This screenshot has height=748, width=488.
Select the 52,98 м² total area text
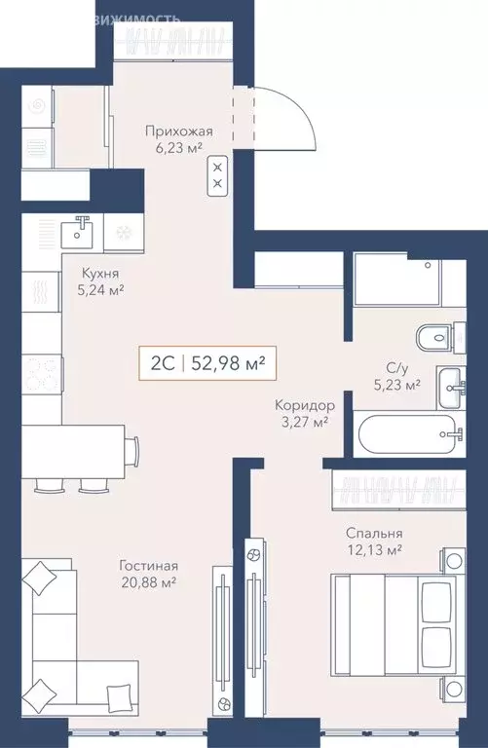227,364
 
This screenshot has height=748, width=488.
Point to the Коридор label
305,404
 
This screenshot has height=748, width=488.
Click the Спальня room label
374,534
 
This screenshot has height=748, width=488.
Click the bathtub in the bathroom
407,433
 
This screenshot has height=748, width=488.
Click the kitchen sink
77,232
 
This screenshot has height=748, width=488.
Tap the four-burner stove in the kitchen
42,374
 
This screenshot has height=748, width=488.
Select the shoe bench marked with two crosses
217,174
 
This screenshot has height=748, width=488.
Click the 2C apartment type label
162,364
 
